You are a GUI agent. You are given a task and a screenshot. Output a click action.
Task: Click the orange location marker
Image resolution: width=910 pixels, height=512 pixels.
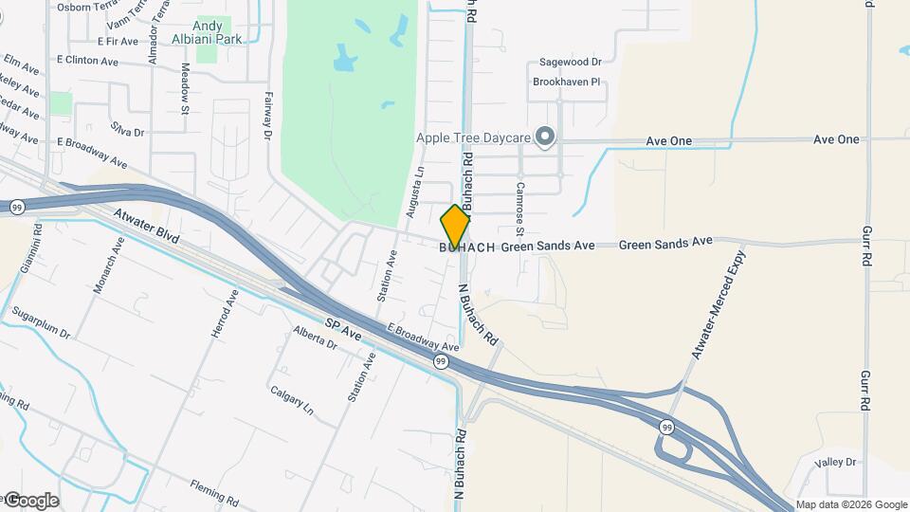(455, 226)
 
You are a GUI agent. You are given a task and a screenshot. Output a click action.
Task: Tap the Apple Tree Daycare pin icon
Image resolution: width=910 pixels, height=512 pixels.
(544, 138)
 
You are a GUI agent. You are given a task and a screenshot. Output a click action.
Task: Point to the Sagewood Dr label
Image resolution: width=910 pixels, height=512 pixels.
(571, 62)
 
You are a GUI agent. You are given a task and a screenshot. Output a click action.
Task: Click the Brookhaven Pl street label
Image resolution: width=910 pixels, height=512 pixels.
(568, 82)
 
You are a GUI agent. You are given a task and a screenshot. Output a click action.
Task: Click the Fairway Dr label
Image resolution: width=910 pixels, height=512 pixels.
(268, 117)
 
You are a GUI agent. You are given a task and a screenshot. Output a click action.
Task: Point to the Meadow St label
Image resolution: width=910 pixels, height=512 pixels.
(186, 88)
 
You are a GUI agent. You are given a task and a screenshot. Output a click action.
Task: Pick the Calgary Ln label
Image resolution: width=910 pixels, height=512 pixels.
(291, 402)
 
